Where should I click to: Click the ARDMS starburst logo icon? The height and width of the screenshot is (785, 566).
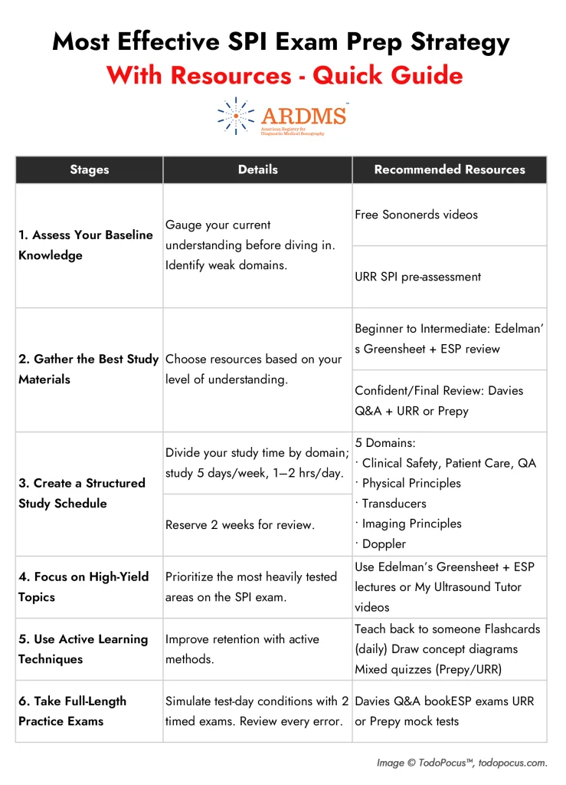coord(235,116)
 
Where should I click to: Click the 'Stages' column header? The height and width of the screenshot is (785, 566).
coord(89,169)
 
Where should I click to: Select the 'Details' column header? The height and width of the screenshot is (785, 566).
coord(257,169)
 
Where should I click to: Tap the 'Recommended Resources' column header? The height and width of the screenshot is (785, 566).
coord(450,169)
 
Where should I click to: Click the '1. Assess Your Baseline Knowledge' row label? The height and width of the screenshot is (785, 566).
coord(86,245)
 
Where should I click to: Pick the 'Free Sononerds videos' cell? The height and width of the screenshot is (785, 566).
coord(416,215)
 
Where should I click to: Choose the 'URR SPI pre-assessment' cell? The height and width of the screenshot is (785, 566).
coord(418,277)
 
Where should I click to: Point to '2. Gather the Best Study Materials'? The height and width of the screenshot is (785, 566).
coord(88,369)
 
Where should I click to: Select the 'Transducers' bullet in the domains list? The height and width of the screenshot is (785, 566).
coord(394,504)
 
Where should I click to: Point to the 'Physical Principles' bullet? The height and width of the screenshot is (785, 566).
coord(411,483)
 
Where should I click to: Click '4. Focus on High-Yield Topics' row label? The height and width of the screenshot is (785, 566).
coord(83,586)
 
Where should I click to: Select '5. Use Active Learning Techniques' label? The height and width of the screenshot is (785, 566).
coord(83,649)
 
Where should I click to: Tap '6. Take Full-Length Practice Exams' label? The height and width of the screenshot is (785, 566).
coord(73,711)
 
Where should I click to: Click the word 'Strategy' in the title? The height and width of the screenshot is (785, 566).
coord(451,42)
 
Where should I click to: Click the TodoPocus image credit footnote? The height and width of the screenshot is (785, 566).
coord(461,763)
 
